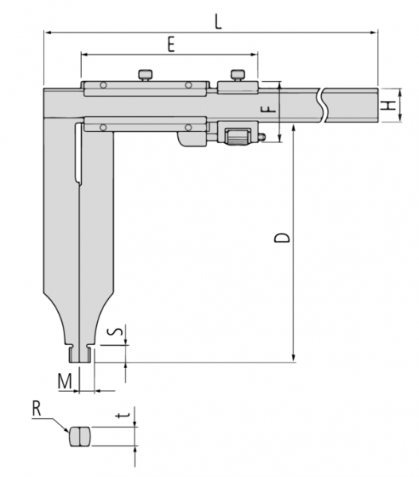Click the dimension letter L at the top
coord(218,22)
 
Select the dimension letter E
coord(171,45)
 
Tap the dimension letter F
coord(269,110)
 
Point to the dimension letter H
coord(389,105)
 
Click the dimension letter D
coord(281,238)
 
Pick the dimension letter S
coord(117,332)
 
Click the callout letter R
coord(37,409)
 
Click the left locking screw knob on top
coord(145,75)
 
